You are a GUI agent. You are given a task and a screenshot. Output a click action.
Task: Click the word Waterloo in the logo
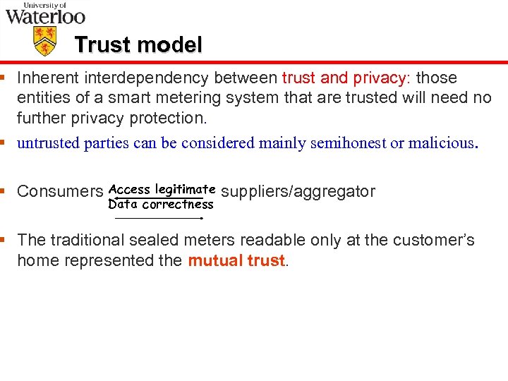tap(45, 16)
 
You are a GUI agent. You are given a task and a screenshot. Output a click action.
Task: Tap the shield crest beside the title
tap(45, 40)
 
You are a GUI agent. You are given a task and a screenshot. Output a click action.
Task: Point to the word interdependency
tap(138, 78)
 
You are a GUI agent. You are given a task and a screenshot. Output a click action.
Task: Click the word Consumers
tap(60, 191)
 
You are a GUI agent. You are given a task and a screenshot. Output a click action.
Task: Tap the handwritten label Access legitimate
tap(162, 189)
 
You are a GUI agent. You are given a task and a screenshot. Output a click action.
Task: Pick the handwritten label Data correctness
tap(161, 205)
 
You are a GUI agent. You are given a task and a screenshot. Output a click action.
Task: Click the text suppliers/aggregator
tap(298, 191)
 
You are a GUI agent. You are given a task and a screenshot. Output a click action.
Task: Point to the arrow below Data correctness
tap(160, 219)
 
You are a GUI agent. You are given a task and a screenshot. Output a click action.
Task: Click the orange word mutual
tap(212, 260)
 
